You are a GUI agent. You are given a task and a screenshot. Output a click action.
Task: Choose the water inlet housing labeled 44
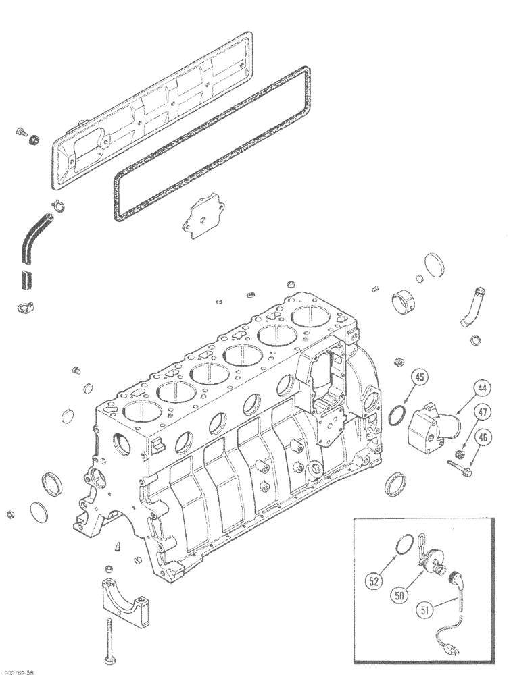click(433, 425)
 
